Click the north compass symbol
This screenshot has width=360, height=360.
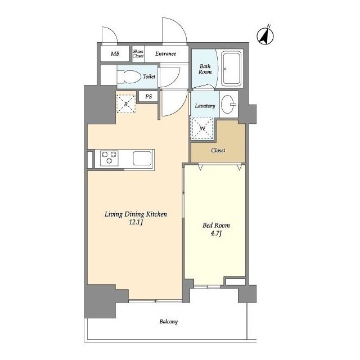coord(265,36)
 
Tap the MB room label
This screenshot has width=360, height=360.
coord(115,54)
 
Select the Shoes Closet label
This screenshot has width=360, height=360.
coord(138,53)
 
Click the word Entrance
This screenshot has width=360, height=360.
coord(165,54)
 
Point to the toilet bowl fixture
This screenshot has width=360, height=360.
coord(129,76)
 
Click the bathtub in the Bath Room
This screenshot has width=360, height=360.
coord(231,69)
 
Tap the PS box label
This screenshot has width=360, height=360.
coord(148,96)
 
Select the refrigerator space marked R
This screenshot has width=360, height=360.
coord(126,104)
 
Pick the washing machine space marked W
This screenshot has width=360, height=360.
coord(202,128)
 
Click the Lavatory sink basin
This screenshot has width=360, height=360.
coord(228,104)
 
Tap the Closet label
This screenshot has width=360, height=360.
coord(218,150)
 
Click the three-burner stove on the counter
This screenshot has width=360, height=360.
coord(109,157)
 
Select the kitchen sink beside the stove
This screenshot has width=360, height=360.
coord(142,158)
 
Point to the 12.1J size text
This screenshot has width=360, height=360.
coord(136,222)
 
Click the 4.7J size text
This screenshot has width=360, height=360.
coord(216,233)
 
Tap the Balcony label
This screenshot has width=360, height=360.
coord(169,321)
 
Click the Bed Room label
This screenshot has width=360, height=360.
coord(216,225)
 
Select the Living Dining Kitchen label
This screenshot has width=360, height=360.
coord(136,214)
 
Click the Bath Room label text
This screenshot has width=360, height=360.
coord(205,69)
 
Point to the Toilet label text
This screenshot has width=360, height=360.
coord(149,76)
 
